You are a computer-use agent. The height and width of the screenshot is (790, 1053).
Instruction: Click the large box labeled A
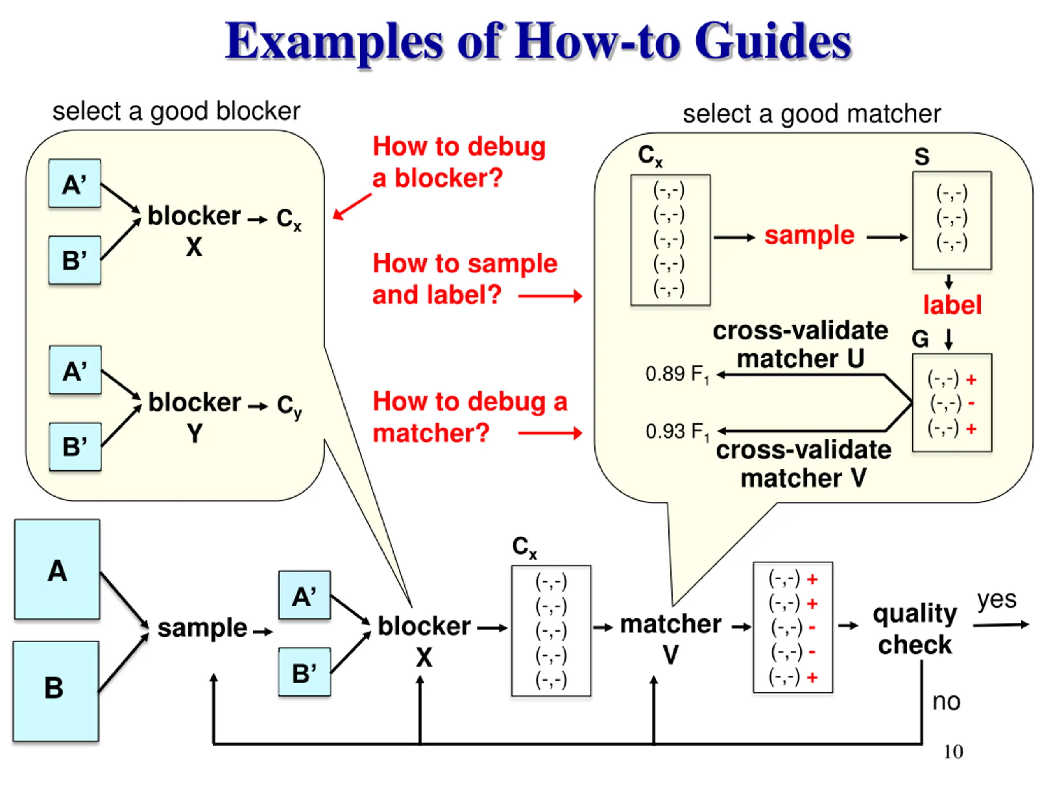click(57, 569)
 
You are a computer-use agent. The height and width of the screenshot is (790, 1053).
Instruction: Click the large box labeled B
click(56, 691)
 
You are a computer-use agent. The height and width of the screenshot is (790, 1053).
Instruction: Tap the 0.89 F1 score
click(677, 375)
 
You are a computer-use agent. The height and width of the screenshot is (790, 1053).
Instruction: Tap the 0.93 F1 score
click(677, 432)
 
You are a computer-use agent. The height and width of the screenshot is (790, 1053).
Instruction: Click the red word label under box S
click(952, 305)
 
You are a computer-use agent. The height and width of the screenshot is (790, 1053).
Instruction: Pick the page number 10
click(953, 752)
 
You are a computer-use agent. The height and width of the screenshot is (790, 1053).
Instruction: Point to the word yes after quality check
click(997, 600)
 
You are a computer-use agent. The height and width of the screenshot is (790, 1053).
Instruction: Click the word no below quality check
click(946, 702)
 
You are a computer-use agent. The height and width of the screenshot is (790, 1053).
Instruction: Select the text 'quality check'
click(914, 629)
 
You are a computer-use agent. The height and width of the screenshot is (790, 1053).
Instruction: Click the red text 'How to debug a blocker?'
click(459, 162)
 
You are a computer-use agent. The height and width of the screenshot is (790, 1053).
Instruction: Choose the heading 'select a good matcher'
click(812, 114)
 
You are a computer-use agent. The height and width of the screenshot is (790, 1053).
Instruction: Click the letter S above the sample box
click(922, 157)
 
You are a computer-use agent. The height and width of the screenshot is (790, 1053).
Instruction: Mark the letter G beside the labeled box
click(920, 339)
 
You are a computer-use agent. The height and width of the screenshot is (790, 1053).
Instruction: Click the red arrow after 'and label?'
click(550, 296)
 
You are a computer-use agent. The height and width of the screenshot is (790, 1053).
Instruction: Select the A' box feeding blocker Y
click(75, 370)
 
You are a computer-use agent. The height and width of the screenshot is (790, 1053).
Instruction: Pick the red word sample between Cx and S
click(809, 235)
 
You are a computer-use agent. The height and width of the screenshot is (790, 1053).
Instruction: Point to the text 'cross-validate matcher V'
click(804, 464)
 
